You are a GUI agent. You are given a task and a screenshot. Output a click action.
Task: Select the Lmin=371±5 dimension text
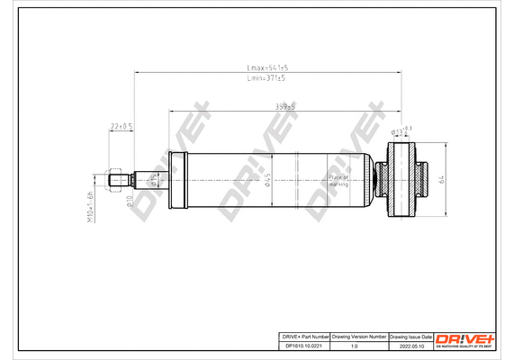tap(266, 78)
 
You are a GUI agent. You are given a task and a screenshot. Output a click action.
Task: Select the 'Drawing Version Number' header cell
tap(359, 335)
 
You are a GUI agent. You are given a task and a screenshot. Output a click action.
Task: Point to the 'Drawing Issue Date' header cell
tap(410, 335)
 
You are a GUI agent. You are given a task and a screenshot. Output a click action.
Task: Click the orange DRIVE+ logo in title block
tap(464, 337)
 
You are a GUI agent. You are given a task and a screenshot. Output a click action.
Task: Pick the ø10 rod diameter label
tap(131, 199)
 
